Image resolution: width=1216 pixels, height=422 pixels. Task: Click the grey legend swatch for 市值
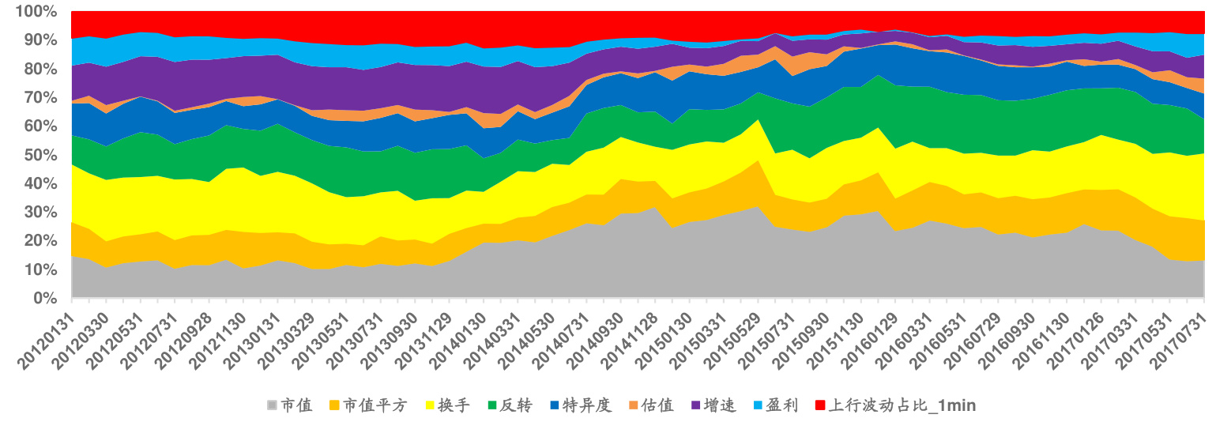coord(273,406)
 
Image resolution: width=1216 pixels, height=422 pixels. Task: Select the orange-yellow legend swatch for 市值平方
coord(335,406)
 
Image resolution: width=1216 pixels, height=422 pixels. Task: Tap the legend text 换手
coord(454,406)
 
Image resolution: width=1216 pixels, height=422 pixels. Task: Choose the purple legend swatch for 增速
coord(695,406)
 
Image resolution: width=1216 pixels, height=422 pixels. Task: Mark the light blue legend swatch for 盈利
coord(757,406)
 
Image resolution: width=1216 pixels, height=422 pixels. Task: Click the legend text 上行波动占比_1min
coord(902,406)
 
